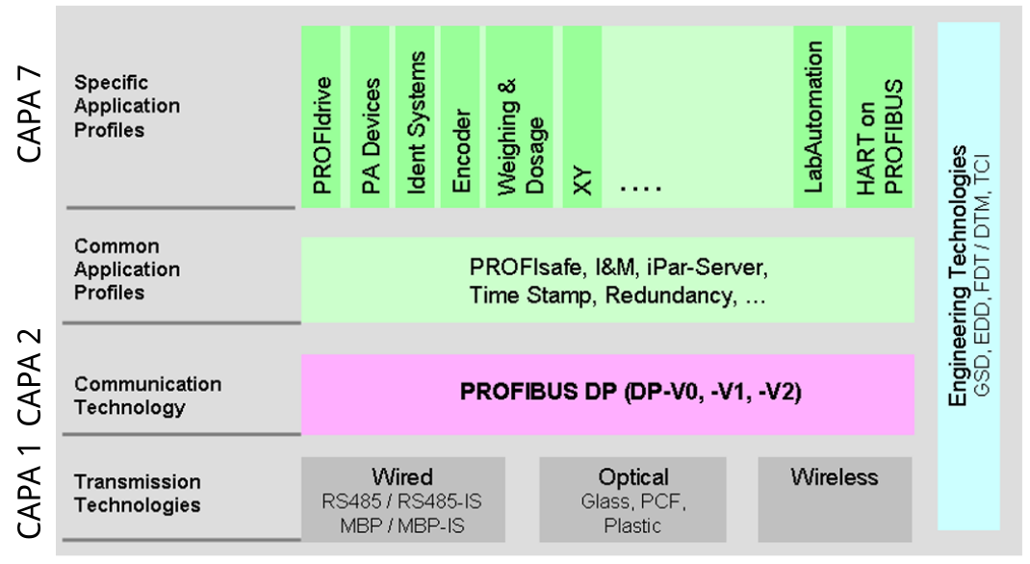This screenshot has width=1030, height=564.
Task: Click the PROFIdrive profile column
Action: (322, 116)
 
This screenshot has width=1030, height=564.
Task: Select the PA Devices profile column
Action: (370, 116)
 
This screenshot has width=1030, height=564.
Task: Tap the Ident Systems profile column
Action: (415, 116)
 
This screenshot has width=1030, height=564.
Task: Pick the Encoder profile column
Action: (460, 116)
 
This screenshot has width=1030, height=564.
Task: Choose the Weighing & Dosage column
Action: (519, 116)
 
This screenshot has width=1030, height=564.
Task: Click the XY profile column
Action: (582, 116)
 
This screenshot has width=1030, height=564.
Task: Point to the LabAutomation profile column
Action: (813, 116)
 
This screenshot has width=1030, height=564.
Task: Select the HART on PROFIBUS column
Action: (880, 116)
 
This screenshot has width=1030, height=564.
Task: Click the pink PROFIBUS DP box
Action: (607, 395)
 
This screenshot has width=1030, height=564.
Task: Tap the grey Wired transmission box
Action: (403, 500)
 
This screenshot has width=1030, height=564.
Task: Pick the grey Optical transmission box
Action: (632, 500)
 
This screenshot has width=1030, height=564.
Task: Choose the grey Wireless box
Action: (835, 500)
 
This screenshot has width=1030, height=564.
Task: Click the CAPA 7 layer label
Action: (30, 115)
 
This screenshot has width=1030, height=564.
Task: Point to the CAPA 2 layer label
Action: (30, 377)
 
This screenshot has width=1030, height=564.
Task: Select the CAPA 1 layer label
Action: (30, 491)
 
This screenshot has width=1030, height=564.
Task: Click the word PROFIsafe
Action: (526, 268)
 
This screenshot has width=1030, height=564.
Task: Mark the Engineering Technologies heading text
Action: (959, 276)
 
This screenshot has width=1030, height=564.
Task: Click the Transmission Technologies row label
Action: (138, 493)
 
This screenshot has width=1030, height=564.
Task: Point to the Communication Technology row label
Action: (148, 396)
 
